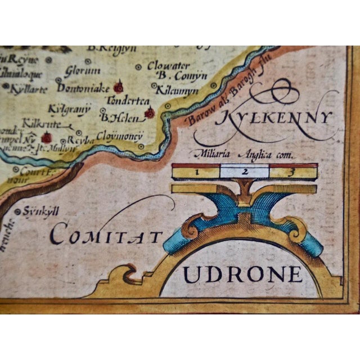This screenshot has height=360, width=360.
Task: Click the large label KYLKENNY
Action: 274,119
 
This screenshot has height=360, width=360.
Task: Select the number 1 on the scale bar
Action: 197,170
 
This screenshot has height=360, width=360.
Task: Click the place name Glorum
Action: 82,71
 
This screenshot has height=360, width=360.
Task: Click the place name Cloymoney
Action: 120,136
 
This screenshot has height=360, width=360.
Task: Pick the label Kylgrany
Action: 70,108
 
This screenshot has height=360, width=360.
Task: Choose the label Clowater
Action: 169,65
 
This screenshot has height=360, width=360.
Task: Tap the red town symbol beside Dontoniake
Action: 118,87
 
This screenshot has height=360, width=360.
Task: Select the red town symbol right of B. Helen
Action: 150,113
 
